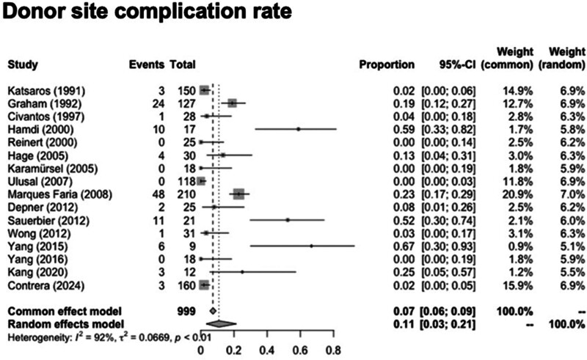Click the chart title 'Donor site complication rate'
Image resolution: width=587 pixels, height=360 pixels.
147,11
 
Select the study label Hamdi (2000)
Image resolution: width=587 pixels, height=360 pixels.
41,130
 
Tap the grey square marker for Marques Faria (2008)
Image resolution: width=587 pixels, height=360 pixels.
239,194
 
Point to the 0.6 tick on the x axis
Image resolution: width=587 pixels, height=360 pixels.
300,331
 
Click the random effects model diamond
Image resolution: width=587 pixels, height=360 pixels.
222,323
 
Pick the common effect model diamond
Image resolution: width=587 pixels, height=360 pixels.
213,311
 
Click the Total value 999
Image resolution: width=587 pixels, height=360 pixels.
186,312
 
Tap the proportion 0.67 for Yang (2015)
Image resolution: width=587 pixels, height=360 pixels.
404,246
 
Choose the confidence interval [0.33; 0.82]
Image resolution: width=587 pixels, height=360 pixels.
448,130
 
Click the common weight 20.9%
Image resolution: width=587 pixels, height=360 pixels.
517,194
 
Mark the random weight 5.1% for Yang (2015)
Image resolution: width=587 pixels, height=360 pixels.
572,246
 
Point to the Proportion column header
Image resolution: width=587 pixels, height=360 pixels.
387,65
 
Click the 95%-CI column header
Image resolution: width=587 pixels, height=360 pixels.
457,65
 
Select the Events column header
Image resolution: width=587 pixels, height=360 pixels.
147,65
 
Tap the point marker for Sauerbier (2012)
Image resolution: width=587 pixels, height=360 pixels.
288,220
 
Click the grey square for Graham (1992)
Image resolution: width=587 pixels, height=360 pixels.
232,103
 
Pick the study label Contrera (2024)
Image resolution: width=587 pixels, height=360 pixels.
46,286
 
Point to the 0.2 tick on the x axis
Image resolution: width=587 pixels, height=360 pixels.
234,331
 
